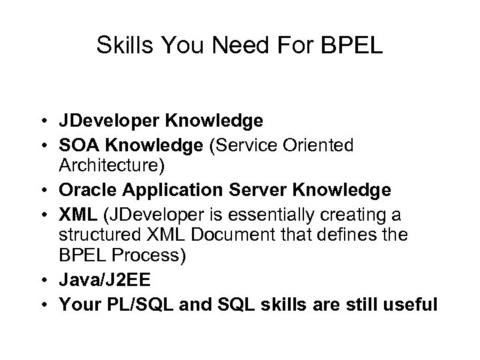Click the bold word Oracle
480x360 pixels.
coord(83,190)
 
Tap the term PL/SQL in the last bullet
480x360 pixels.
coord(127,305)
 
